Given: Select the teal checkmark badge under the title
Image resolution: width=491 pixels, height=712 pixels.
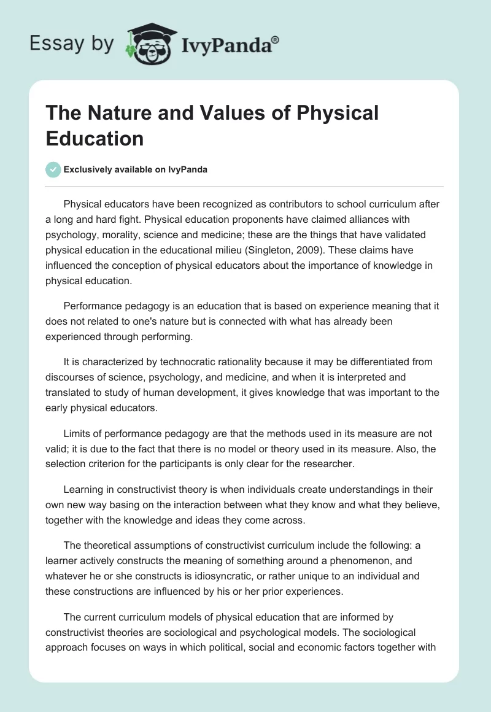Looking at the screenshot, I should point(53,169).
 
